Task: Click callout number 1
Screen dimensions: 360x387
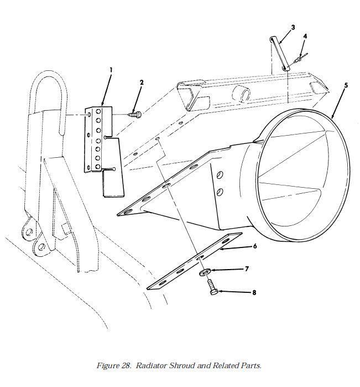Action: tap(111, 70)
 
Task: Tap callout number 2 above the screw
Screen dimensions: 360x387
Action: tap(142, 82)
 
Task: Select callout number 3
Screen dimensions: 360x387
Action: tap(293, 27)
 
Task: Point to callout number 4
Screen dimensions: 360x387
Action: tap(305, 37)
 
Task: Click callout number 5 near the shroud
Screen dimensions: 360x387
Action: tap(346, 85)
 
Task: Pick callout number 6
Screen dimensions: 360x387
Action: tap(255, 246)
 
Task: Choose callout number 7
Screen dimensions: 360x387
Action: tap(247, 269)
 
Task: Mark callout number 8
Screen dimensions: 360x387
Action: tap(254, 292)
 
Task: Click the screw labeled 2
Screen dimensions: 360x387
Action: tap(135, 114)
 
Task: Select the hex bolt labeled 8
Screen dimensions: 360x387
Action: tap(212, 287)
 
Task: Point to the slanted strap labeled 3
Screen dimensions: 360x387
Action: tap(279, 53)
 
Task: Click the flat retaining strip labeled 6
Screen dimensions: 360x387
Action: tap(195, 261)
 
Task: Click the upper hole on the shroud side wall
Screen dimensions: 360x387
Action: tap(220, 175)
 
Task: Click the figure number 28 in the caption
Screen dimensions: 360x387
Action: tap(126, 365)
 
